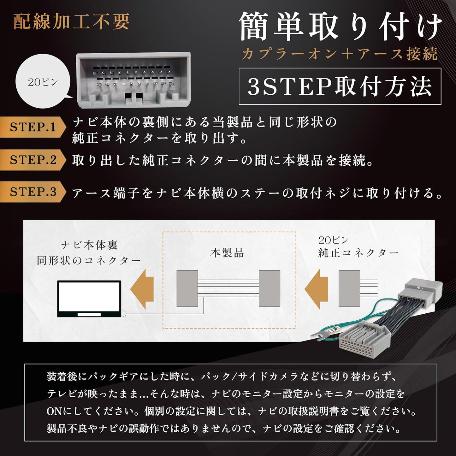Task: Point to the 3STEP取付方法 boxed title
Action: click(x=340, y=86)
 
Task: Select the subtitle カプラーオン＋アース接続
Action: click(x=340, y=54)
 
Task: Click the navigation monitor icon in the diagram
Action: click(x=89, y=299)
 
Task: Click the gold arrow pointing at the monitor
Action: click(x=142, y=290)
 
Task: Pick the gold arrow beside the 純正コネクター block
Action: click(x=316, y=290)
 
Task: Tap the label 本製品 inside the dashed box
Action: click(x=227, y=253)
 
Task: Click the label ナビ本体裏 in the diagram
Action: click(x=89, y=246)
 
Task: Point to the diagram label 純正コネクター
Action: click(x=358, y=253)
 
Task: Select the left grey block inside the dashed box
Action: click(x=187, y=289)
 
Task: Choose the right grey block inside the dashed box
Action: click(x=269, y=289)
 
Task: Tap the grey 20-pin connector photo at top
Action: click(x=133, y=80)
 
